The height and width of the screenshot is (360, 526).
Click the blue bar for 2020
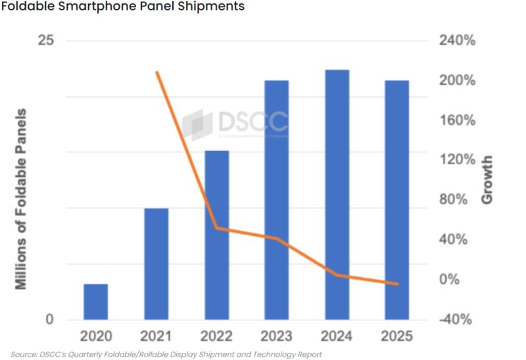coord(96,302)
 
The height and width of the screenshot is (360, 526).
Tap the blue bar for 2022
coord(216,235)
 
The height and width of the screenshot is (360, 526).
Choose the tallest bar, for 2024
coord(337,194)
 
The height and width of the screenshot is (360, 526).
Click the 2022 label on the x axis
coord(216,336)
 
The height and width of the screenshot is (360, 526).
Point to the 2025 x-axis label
coord(396,336)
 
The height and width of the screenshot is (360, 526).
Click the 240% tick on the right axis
coord(456,41)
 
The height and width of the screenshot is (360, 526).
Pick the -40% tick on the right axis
coord(456,320)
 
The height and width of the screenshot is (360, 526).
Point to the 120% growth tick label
coord(456,160)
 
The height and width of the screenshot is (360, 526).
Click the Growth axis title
coord(487,180)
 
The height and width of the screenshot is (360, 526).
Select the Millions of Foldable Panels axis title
coord(21,198)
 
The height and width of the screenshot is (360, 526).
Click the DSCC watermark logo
coord(235,124)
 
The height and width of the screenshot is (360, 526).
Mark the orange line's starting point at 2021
coord(156,72)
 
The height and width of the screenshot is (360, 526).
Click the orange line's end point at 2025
coord(396,284)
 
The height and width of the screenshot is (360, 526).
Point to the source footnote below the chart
coord(166,354)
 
